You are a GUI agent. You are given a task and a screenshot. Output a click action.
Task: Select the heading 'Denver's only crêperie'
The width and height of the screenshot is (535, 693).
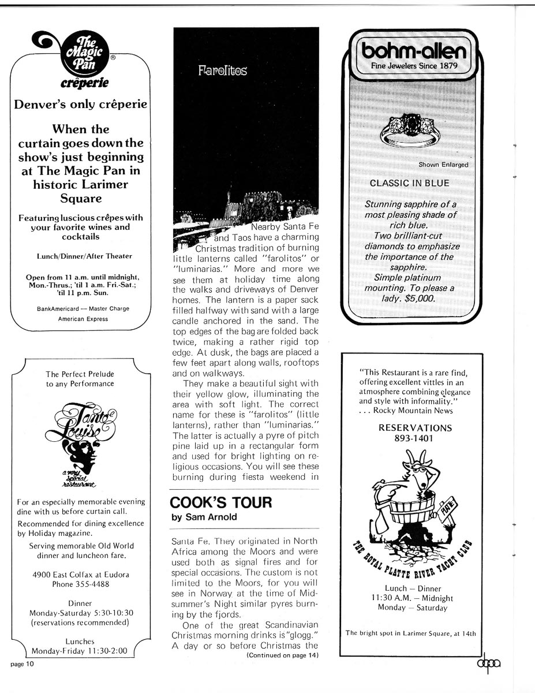click(x=80, y=105)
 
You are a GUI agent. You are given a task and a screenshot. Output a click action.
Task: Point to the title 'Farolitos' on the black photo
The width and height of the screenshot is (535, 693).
click(x=222, y=71)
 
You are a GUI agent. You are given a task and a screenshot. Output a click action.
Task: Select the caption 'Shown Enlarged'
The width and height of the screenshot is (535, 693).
click(x=443, y=165)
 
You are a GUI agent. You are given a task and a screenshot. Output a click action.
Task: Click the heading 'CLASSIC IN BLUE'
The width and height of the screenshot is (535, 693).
click(x=409, y=183)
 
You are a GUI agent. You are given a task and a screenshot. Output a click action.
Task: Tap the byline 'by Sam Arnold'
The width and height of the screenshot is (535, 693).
click(x=204, y=517)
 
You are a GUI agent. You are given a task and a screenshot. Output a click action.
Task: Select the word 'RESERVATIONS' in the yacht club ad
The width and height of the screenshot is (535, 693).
click(x=415, y=428)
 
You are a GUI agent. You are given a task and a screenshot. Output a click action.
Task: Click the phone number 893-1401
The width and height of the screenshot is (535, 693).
click(x=415, y=438)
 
